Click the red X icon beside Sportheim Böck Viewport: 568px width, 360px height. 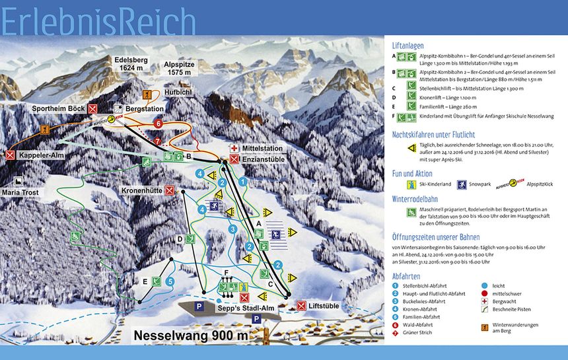(x=93, y=108)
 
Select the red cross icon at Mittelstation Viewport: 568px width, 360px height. (x=234, y=149)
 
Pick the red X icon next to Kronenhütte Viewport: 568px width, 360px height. (x=170, y=191)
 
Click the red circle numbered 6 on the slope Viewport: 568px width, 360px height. (x=158, y=124)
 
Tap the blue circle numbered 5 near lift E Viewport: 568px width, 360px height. (x=170, y=281)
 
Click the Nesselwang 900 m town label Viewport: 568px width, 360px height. (x=192, y=335)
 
